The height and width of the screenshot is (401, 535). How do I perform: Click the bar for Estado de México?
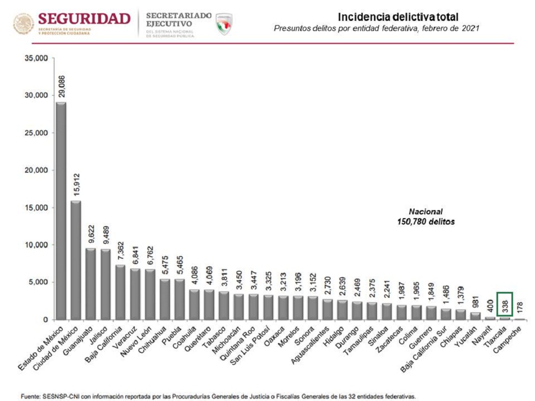point(61,211)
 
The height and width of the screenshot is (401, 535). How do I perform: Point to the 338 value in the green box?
point(505,306)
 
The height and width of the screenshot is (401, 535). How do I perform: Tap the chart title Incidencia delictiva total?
point(398,17)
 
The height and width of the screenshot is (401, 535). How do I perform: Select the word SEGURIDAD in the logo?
point(85,19)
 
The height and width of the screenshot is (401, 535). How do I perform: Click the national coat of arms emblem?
point(23,24)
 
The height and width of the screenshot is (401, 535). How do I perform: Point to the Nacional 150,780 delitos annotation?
point(423,216)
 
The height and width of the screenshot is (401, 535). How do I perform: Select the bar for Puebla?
point(180,299)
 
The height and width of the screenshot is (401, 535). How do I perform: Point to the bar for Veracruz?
point(136,294)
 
